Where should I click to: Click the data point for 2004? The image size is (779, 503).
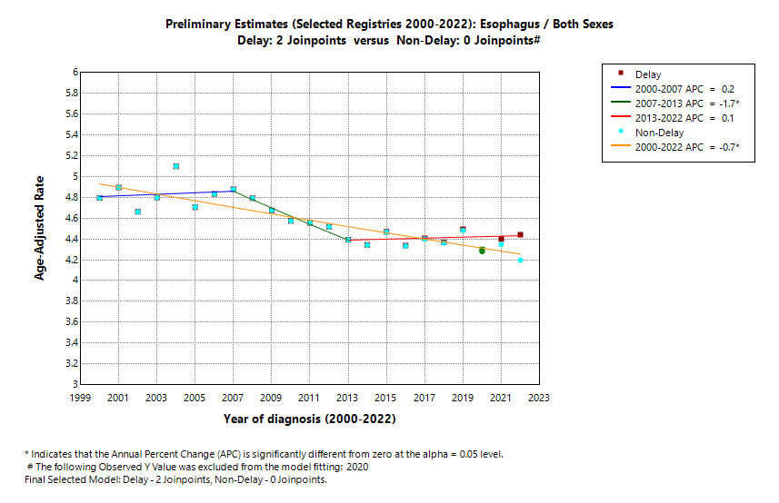(176, 166)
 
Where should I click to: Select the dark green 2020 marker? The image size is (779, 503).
(482, 251)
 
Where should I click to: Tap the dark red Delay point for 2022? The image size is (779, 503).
(520, 235)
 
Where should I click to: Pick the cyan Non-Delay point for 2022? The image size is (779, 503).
(520, 261)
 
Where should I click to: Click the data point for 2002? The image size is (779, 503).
(138, 212)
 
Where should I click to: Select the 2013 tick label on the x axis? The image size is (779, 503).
(348, 398)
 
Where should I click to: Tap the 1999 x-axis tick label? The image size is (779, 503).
(81, 398)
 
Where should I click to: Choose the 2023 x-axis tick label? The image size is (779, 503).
(539, 398)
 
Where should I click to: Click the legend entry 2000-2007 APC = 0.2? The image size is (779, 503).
(684, 89)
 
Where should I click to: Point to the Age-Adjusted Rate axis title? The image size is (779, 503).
(40, 228)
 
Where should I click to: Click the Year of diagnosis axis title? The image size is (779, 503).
(309, 419)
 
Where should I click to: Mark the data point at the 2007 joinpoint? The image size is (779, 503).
(234, 190)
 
